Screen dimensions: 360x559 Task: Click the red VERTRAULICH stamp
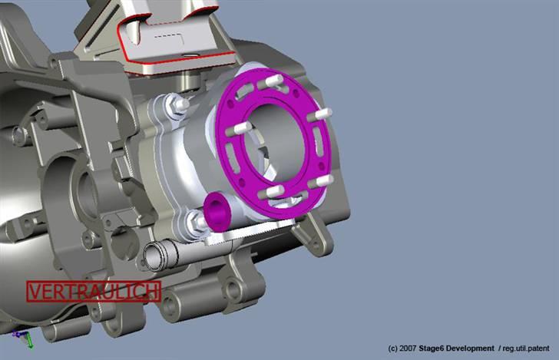pyautogui.click(x=94, y=291)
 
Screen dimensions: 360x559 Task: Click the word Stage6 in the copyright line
pyautogui.click(x=435, y=348)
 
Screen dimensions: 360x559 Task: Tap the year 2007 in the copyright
pyautogui.click(x=408, y=348)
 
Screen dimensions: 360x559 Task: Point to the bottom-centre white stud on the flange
pyautogui.click(x=274, y=191)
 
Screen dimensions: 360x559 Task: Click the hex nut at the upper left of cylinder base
pyautogui.click(x=179, y=104)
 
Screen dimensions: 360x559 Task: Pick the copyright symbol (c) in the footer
pyautogui.click(x=393, y=348)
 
